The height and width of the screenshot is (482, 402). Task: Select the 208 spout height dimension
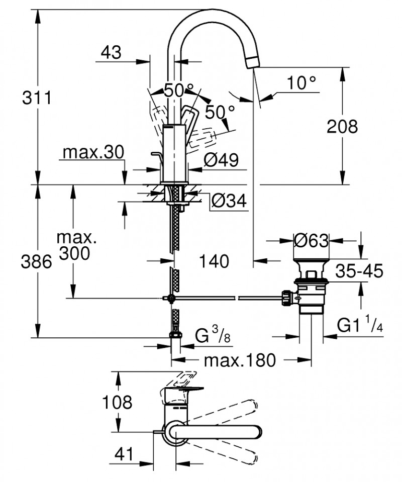pos(342,126)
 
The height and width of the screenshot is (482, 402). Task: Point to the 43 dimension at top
pos(111,52)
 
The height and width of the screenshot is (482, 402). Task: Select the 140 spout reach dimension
pos(214,261)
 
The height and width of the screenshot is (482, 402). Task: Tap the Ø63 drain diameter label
pos(311,241)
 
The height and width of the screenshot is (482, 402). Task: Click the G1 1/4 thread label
pos(360,326)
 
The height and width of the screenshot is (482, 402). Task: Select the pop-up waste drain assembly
pos(311,292)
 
